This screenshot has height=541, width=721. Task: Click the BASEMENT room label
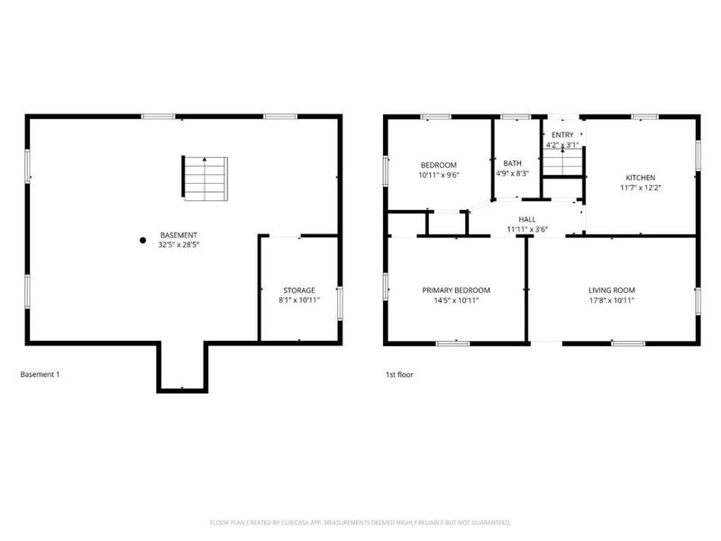(178, 234)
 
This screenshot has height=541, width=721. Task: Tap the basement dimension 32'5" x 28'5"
(178, 244)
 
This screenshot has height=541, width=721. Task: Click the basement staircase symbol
(205, 178)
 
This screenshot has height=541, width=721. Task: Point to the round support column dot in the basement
(142, 240)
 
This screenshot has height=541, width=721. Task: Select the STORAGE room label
(298, 290)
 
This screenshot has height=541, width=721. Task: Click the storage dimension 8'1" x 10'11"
(298, 300)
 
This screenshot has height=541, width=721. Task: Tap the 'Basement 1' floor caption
(40, 374)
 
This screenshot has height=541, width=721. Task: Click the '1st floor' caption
(398, 374)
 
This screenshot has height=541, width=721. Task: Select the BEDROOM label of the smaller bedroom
(439, 165)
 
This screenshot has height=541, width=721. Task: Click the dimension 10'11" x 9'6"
(439, 175)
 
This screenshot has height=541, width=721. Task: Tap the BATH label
(512, 163)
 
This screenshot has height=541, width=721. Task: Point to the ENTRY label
(561, 134)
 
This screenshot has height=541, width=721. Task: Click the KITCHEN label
(641, 178)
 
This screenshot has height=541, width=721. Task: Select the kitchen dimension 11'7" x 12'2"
(641, 188)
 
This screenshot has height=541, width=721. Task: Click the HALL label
(527, 219)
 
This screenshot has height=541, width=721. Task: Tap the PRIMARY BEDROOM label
(456, 290)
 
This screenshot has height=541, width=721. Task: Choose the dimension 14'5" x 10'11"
(456, 300)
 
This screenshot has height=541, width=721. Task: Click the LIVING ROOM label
(612, 290)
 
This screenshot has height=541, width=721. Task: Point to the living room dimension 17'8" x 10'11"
(612, 300)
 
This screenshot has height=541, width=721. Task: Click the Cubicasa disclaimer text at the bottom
(360, 522)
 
